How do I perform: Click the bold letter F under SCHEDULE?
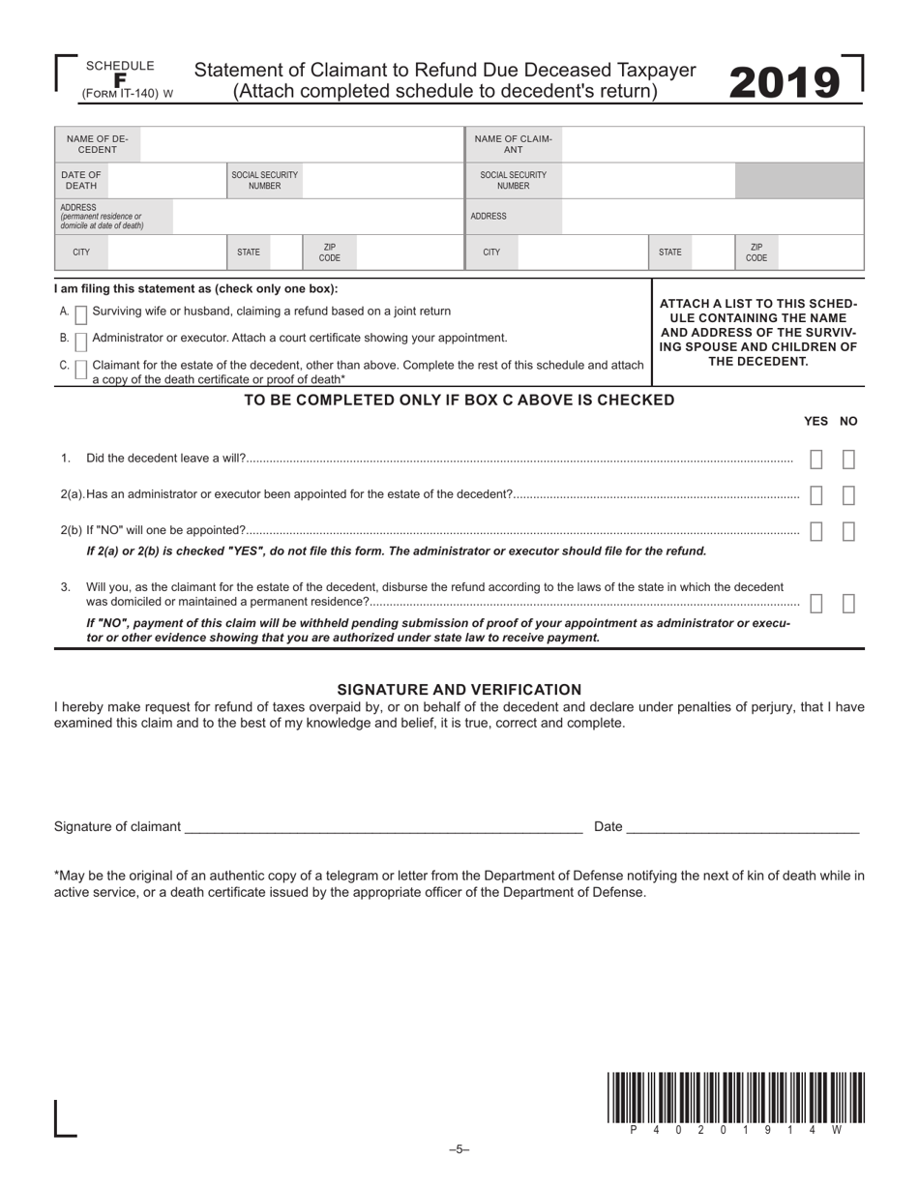(x=120, y=80)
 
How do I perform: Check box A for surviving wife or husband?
(x=81, y=313)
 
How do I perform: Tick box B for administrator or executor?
(x=81, y=341)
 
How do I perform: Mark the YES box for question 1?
(x=815, y=460)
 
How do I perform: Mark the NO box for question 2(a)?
(x=848, y=495)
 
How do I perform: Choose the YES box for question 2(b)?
(x=815, y=531)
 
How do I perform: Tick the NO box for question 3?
(x=848, y=604)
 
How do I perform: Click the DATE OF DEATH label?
(x=80, y=180)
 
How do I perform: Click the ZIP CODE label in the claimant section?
(x=756, y=253)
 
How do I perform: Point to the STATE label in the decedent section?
(x=249, y=253)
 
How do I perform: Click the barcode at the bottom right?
(x=736, y=1097)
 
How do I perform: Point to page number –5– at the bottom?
(x=459, y=1149)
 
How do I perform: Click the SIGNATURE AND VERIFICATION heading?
(x=459, y=690)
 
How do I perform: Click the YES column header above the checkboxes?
(x=815, y=421)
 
